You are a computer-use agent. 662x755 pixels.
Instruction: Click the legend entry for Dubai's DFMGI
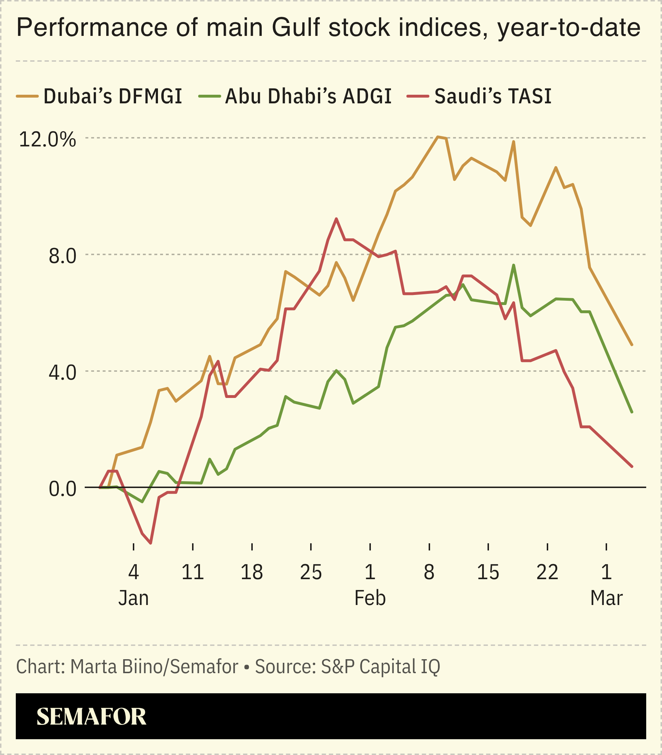[x=100, y=97]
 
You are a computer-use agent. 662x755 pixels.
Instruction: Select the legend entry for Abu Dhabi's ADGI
[x=295, y=97]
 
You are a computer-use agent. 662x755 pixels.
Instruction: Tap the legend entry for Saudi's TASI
[x=480, y=97]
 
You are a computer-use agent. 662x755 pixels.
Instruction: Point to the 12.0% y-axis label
[x=47, y=140]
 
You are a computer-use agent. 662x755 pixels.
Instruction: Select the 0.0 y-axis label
[x=62, y=489]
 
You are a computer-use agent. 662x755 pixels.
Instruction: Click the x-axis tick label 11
[x=193, y=573]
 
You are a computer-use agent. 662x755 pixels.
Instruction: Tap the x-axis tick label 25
[x=311, y=573]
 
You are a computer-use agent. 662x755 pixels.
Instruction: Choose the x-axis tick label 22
[x=547, y=573]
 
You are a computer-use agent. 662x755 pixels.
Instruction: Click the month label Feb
[x=370, y=598]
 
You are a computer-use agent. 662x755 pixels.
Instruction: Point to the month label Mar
[x=607, y=598]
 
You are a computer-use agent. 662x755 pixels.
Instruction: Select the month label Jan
[x=133, y=598]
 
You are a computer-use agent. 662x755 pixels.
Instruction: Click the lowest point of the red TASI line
[x=151, y=543]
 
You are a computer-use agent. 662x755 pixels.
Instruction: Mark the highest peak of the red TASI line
[x=336, y=219]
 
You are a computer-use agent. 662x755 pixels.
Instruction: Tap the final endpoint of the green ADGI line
[x=632, y=412]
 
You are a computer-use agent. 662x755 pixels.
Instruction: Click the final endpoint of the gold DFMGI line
[x=632, y=345]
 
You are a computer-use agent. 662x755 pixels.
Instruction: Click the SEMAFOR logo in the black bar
[x=91, y=717]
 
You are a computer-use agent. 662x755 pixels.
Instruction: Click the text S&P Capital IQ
[x=381, y=667]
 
